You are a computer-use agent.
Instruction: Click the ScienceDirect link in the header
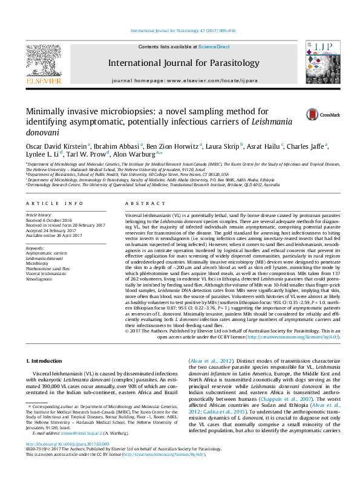[212, 47]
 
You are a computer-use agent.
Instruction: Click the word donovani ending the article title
[44, 131]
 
